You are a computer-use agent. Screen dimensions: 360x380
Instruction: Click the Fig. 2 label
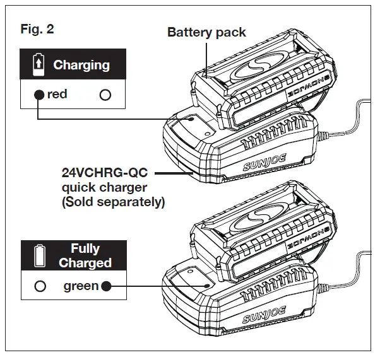tap(37, 29)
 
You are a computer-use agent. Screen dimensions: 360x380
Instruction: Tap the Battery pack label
tap(206, 32)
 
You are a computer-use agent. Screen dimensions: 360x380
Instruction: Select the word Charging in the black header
tap(81, 65)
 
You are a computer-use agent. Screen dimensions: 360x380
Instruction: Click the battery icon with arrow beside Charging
tap(39, 64)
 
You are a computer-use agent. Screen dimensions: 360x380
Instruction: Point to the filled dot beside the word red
tap(39, 95)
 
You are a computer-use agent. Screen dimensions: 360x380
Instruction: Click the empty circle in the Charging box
tap(105, 95)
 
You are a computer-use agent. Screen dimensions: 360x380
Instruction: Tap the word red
tap(57, 95)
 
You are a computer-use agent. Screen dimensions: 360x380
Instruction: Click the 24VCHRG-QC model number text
tap(104, 171)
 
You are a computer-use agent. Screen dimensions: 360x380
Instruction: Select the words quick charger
tap(104, 187)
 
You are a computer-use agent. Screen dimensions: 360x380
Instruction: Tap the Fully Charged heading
tap(85, 255)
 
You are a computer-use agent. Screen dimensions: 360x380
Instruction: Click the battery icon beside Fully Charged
tap(39, 255)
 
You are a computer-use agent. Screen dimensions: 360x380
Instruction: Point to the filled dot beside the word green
tap(105, 286)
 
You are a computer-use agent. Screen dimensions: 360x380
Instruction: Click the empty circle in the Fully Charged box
tap(40, 286)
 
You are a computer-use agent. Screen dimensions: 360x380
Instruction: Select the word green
tap(81, 286)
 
